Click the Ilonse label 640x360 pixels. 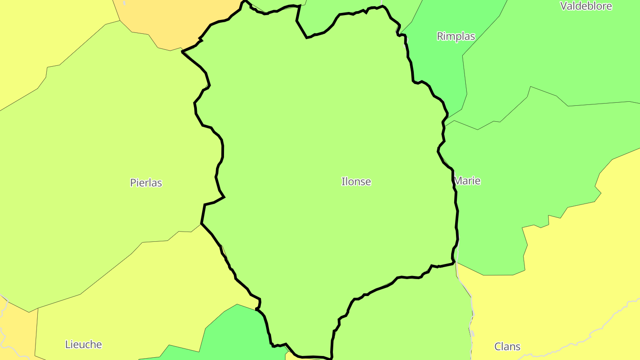pos(356,181)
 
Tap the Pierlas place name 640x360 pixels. pos(146,183)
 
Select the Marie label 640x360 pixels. pos(467,181)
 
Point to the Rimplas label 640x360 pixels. pos(456,36)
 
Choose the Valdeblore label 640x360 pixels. pos(586,6)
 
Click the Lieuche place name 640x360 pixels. pos(84,344)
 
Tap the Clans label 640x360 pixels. pos(507,347)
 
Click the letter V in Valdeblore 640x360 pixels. pos(564,6)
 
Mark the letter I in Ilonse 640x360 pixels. pos(343,181)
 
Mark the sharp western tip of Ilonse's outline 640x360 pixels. pos(183,52)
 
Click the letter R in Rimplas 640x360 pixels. pos(440,36)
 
